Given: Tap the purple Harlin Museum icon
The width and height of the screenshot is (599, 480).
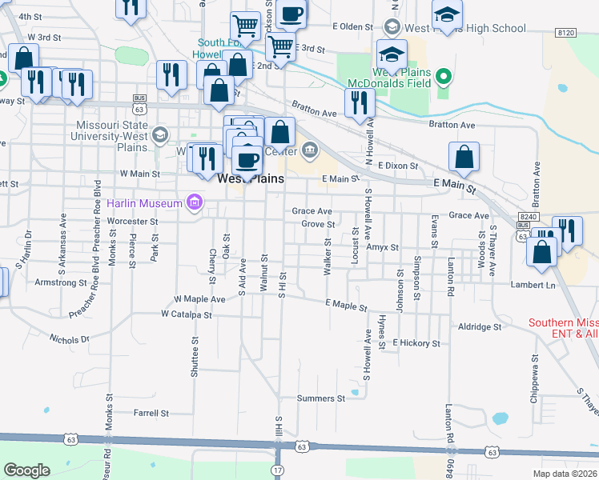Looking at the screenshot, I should pos(193,203).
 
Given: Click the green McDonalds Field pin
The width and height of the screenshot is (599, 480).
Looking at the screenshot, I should pos(441,78).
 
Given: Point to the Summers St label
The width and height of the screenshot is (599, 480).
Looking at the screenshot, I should pos(320,398).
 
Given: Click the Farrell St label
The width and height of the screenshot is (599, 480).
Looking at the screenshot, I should pos(151,414).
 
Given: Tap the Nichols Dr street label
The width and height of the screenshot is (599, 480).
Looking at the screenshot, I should pos(69,339).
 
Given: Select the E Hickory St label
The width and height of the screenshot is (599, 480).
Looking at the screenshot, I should pos(416,342).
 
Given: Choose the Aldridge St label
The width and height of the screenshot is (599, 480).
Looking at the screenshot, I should pos(479,326).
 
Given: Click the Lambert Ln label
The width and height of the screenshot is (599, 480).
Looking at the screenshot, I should pos(533,285).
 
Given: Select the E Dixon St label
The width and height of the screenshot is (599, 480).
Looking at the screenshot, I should pos(398,166).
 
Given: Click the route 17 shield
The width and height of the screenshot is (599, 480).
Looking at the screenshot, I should pos(277,469).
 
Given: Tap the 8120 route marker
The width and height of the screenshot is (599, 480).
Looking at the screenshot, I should pos(565,32).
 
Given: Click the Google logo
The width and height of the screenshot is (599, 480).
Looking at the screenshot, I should pos(27,470).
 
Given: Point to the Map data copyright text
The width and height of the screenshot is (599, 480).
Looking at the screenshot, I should pos(564,474).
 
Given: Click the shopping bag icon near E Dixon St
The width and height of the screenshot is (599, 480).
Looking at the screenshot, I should pos(464,158).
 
